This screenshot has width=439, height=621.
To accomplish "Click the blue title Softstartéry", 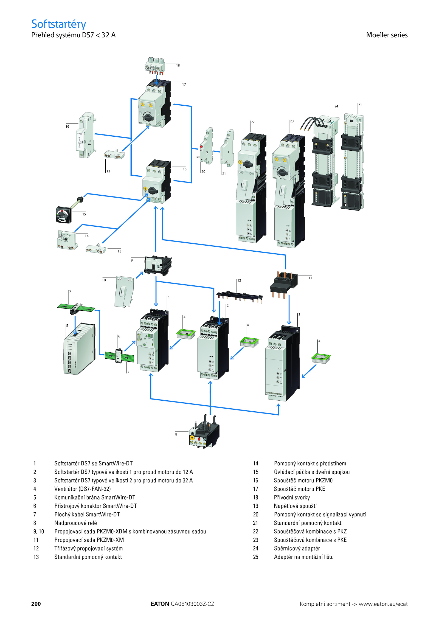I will pyautogui.click(x=58, y=24).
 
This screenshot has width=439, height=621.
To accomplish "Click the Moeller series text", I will pyautogui.click(x=387, y=35).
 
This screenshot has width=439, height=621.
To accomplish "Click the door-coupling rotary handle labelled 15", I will pyautogui.click(x=64, y=215).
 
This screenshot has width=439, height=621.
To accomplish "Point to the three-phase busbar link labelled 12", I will pyautogui.click(x=240, y=296).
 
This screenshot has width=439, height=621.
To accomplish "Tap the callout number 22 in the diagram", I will pyautogui.click(x=253, y=122).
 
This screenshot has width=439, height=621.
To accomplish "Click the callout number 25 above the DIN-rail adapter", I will pyautogui.click(x=360, y=104).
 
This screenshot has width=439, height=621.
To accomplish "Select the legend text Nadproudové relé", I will pyautogui.click(x=75, y=523).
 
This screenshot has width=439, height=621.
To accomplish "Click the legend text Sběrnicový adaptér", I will pyautogui.click(x=297, y=548).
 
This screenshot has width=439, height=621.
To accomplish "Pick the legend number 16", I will pyautogui.click(x=255, y=480).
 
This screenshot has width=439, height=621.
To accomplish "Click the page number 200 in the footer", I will pyautogui.click(x=36, y=604).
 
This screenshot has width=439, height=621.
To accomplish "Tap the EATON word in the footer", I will pyautogui.click(x=160, y=604).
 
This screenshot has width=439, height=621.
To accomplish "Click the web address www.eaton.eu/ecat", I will pyautogui.click(x=383, y=604).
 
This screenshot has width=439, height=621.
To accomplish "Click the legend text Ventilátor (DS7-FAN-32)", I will pyautogui.click(x=82, y=489).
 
